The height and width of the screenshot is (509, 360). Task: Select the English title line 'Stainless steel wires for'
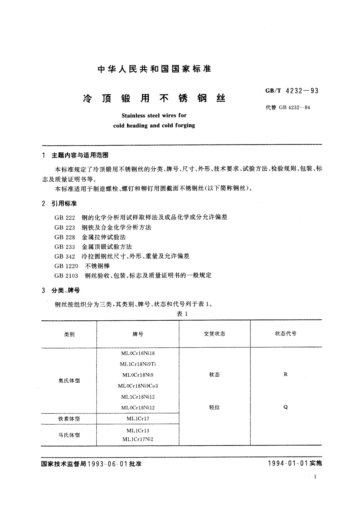(154, 115)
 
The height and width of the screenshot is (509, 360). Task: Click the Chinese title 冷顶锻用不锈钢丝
(154, 99)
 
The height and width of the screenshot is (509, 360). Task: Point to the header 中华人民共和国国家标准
(154, 69)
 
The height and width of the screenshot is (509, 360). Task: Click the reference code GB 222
(65, 217)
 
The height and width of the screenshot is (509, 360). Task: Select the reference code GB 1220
(66, 266)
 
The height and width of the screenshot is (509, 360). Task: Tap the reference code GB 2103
(66, 275)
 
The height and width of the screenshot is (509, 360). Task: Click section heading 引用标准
(64, 204)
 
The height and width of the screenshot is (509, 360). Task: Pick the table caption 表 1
(182, 314)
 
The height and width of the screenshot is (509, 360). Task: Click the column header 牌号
(138, 334)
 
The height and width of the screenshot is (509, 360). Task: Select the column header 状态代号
(286, 334)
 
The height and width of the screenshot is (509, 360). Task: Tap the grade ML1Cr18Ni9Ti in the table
(138, 364)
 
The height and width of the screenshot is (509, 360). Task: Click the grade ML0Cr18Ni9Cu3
(138, 386)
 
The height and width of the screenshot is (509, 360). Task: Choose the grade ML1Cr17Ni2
(138, 439)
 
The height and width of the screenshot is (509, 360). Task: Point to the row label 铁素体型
(69, 419)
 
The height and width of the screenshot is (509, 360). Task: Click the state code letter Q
(286, 407)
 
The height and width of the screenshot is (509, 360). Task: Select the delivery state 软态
(214, 375)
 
